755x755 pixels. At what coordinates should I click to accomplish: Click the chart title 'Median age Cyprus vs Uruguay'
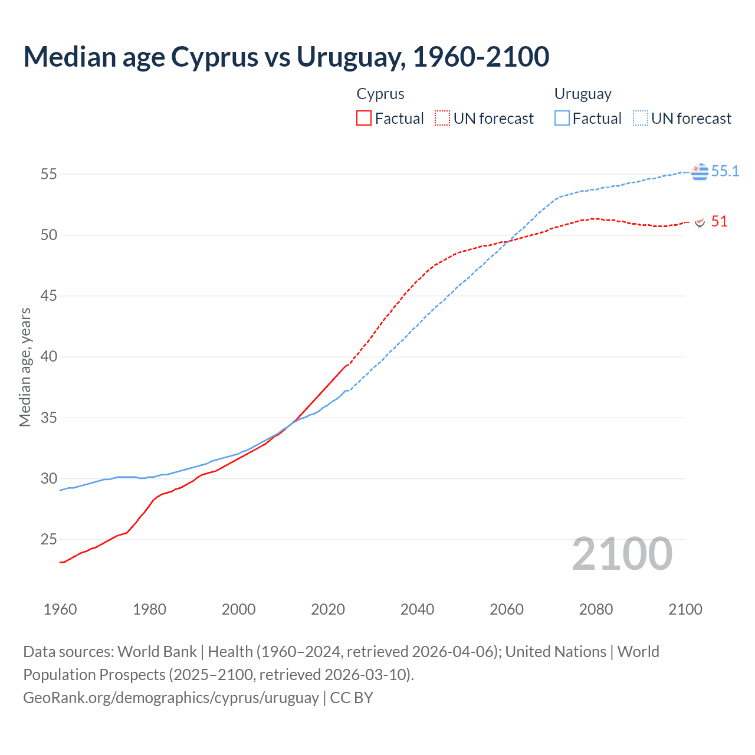click(286, 57)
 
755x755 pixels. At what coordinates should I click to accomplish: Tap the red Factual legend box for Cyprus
click(364, 118)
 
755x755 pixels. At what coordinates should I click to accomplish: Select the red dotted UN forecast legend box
click(442, 118)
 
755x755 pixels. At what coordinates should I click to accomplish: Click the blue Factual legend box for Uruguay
click(562, 118)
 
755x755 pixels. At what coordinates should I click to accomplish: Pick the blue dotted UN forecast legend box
click(641, 118)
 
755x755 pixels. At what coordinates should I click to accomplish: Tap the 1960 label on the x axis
click(60, 609)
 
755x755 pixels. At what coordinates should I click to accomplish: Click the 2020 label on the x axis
click(328, 609)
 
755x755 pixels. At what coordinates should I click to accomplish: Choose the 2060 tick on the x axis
click(507, 609)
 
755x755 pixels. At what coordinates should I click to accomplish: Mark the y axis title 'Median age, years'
click(25, 367)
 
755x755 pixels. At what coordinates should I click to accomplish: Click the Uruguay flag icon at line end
click(700, 172)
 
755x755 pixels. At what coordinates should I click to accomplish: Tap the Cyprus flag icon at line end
click(700, 222)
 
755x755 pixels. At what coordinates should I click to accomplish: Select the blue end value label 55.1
click(725, 171)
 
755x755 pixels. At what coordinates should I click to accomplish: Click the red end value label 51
click(719, 221)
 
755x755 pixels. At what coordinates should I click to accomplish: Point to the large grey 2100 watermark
click(622, 554)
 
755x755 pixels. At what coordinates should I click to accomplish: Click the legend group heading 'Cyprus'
click(380, 94)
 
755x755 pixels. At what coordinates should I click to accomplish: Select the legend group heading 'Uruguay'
click(583, 94)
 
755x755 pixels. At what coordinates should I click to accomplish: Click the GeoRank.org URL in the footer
click(171, 697)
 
